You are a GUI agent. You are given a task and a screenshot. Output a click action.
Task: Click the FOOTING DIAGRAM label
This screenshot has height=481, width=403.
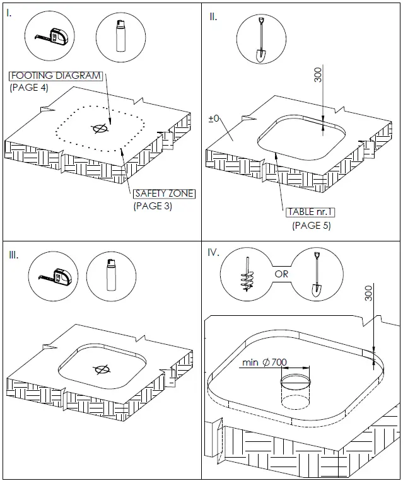click(55, 76)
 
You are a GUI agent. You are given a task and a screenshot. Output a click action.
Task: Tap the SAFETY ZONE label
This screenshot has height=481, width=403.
click(165, 194)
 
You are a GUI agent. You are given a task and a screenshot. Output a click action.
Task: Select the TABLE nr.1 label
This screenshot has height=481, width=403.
click(310, 212)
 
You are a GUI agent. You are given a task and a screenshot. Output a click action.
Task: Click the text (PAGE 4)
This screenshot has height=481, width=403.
click(28, 88)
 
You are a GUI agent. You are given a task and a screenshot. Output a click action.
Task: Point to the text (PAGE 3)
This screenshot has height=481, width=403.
click(153, 206)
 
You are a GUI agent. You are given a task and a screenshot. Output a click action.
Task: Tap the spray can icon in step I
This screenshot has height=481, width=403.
click(118, 37)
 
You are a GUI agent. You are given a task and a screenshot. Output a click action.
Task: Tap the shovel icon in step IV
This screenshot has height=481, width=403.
click(315, 275)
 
